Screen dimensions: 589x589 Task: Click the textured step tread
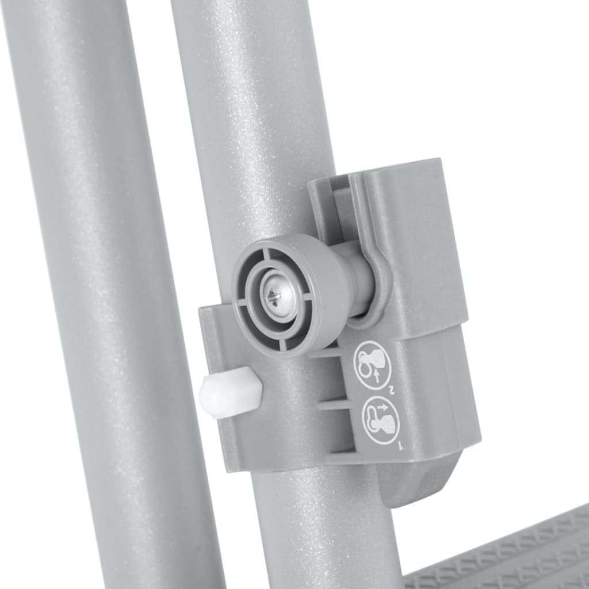[506, 552]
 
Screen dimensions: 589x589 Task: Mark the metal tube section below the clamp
[322, 529]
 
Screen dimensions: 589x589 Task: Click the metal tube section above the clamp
[253, 115]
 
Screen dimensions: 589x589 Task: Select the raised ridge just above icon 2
[328, 352]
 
